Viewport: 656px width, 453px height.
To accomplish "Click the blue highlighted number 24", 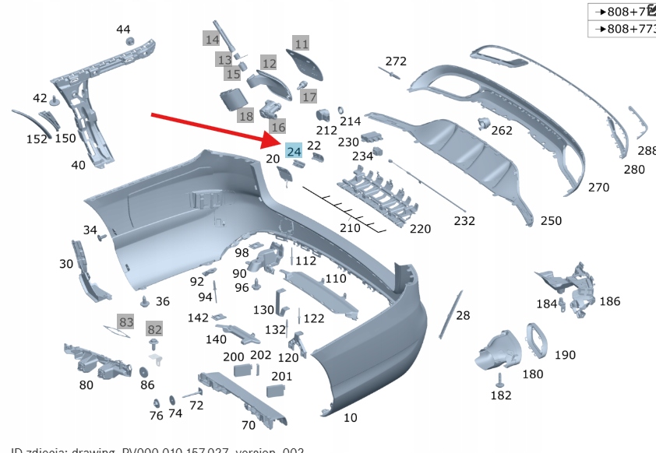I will (294, 151).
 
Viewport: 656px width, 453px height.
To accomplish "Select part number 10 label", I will (351, 418).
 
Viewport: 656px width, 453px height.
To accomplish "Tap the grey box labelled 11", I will (302, 44).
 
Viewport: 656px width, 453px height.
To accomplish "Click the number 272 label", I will (396, 61).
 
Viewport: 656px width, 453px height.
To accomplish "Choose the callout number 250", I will (550, 221).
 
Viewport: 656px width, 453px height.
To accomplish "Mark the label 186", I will (610, 300).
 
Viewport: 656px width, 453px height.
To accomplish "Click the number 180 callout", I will (532, 374).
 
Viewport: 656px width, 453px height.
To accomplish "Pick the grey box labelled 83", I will (126, 321).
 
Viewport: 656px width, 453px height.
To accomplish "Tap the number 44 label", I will (124, 30).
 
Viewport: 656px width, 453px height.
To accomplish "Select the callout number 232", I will (464, 221).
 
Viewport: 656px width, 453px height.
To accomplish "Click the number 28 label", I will (463, 315).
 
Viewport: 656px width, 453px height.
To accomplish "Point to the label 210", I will (350, 228).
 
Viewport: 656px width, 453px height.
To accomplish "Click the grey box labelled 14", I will (212, 39).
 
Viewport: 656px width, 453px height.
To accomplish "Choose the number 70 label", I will (248, 425).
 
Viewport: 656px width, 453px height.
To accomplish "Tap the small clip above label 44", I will (130, 41).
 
